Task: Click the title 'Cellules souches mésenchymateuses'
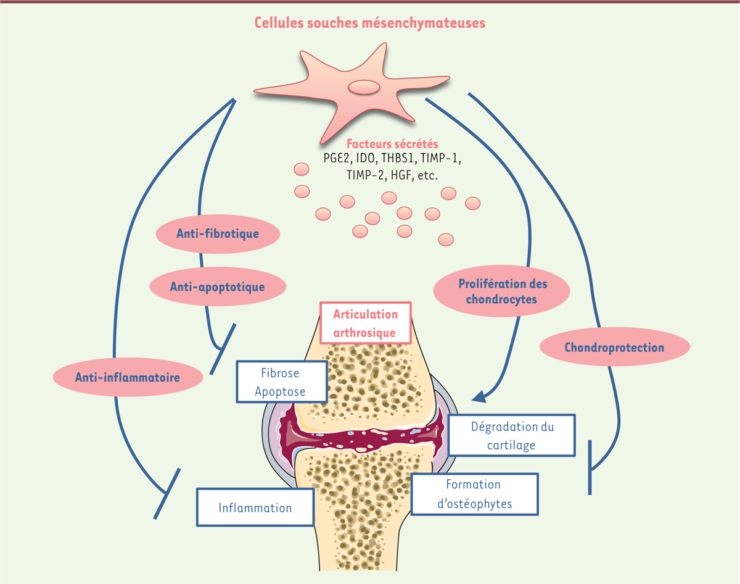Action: pos(370,23)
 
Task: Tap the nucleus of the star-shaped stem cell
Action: pos(364,87)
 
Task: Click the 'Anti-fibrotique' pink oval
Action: pos(217,234)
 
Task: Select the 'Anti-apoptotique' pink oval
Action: pos(217,286)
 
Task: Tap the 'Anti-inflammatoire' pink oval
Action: pos(128,377)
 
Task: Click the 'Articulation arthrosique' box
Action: pos(366,323)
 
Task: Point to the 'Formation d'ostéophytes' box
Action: pos(474,494)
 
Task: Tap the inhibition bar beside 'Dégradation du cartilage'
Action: pos(590,467)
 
